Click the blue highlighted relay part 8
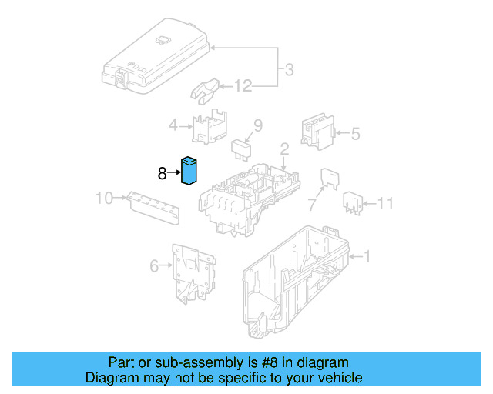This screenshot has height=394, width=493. click(x=189, y=172)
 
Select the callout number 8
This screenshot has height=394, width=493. click(x=162, y=174)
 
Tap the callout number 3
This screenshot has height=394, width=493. click(x=288, y=71)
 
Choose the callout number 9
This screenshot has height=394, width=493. click(x=258, y=125)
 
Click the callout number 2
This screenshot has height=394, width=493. click(x=283, y=148)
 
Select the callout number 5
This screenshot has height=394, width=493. click(x=355, y=134)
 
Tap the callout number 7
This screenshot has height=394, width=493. click(x=312, y=205)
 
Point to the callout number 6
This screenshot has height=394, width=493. click(x=154, y=266)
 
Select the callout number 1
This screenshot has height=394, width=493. click(x=367, y=256)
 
